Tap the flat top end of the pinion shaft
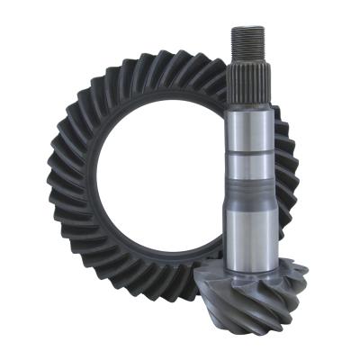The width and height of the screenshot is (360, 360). pos(247,28)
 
